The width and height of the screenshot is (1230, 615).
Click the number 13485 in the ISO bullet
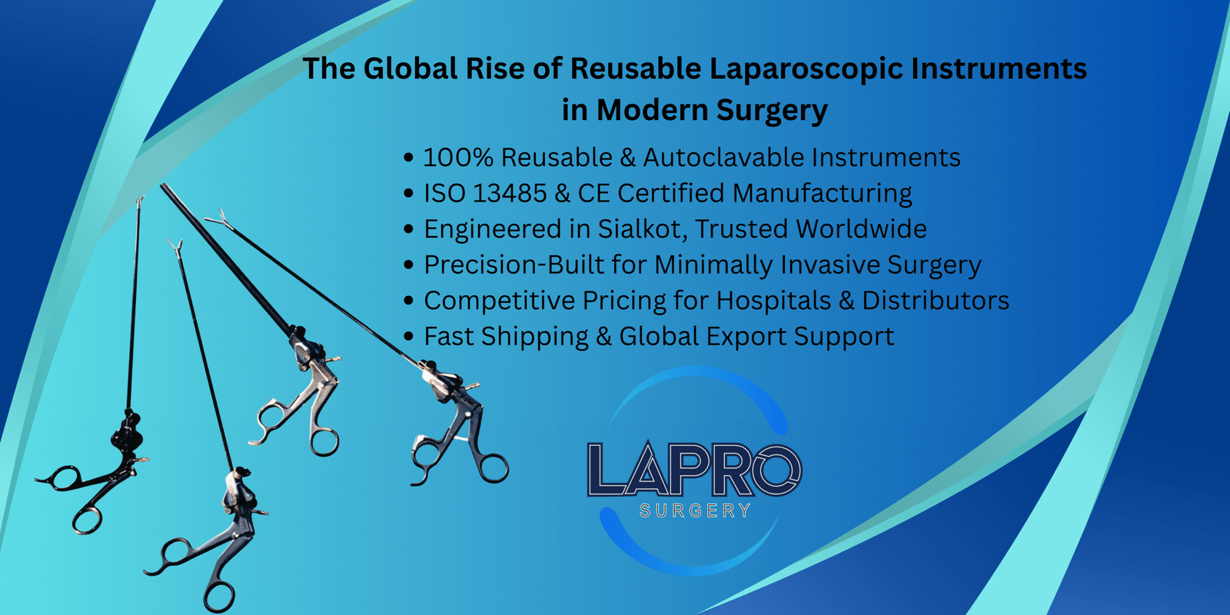pyautogui.click(x=510, y=193)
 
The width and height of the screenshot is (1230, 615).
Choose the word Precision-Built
pyautogui.click(x=514, y=264)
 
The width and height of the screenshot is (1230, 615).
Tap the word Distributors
pyautogui.click(x=936, y=301)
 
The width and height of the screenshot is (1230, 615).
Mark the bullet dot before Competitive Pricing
pyautogui.click(x=408, y=301)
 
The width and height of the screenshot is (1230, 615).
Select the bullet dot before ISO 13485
pyautogui.click(x=408, y=194)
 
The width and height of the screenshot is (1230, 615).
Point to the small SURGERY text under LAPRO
pyautogui.click(x=695, y=511)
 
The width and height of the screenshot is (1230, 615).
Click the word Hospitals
pyautogui.click(x=773, y=301)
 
